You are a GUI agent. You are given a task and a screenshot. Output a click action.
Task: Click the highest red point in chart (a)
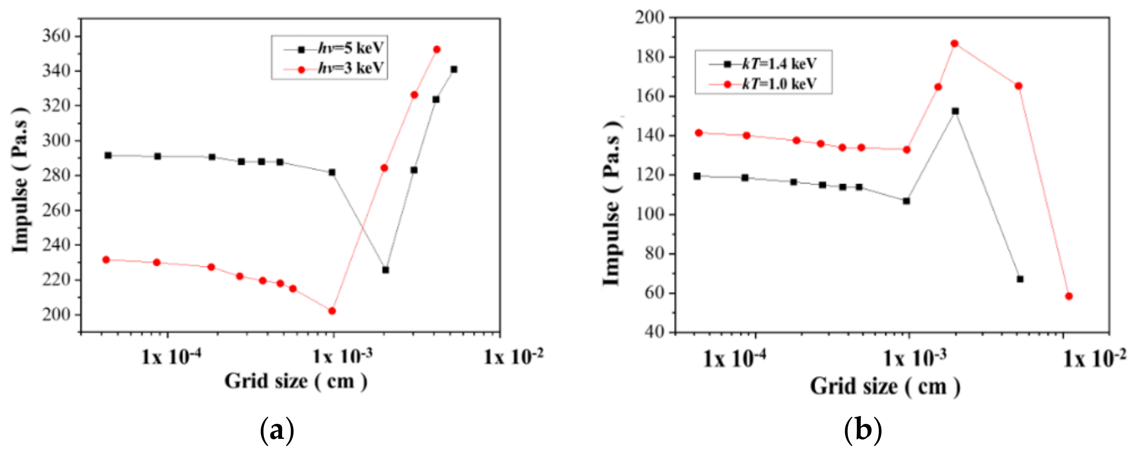pos(437,50)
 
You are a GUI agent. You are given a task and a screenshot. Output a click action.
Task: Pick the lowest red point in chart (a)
pos(332,311)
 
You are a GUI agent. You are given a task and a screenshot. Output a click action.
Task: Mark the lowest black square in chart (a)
pos(385,270)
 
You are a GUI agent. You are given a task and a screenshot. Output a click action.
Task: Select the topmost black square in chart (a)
pos(453,69)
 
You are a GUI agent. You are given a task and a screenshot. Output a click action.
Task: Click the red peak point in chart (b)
pos(954,43)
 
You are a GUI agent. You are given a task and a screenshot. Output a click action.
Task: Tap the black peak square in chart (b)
pos(955,111)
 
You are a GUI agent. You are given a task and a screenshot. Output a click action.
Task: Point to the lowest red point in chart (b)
pos(1069,296)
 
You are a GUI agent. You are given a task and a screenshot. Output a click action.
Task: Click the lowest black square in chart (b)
pos(1020,279)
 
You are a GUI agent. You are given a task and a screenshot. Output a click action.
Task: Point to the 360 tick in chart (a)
pos(56,36)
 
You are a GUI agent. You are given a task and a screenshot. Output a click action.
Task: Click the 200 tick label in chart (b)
pos(650,18)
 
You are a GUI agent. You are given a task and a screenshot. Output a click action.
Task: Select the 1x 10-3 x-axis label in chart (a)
pos(342,356)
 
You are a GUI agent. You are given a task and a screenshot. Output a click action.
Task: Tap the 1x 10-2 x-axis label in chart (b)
pos(1094,358)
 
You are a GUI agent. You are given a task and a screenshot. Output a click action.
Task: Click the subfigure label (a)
pos(277,430)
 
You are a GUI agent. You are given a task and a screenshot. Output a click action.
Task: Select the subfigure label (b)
pos(863,430)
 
